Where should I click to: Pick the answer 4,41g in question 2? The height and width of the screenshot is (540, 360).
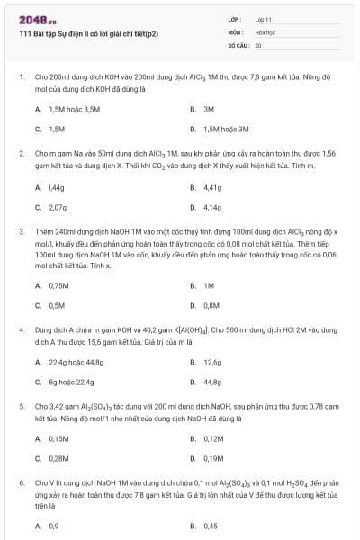click(x=212, y=187)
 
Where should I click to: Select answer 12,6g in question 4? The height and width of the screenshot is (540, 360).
click(x=212, y=362)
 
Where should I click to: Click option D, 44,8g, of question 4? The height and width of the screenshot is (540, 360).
click(x=212, y=382)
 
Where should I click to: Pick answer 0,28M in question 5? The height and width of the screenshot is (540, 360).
click(x=59, y=459)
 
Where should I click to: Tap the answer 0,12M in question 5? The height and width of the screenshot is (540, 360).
click(x=213, y=439)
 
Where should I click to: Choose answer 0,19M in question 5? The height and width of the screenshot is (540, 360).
click(x=213, y=459)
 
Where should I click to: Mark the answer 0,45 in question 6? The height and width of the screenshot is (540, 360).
click(x=211, y=526)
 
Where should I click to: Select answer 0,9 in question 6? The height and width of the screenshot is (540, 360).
click(x=54, y=526)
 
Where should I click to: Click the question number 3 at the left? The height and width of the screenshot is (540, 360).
click(x=21, y=231)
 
